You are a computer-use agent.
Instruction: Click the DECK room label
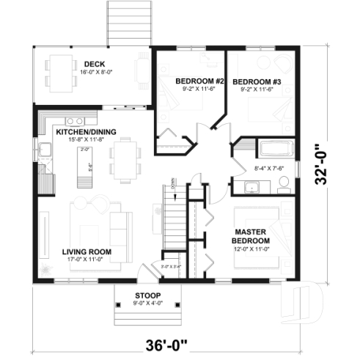click(95, 63)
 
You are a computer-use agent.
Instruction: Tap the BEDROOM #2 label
click(188, 80)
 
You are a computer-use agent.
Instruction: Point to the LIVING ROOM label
click(87, 251)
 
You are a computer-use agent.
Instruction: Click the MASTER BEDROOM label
click(250, 236)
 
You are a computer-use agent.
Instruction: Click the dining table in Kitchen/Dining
click(126, 161)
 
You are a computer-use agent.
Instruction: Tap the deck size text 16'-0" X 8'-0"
click(95, 72)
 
